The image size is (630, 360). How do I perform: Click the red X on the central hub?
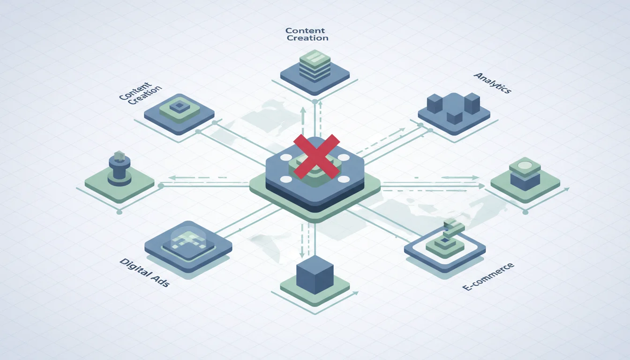pyautogui.click(x=316, y=157)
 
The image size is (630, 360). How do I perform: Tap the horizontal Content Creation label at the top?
pyautogui.click(x=307, y=34)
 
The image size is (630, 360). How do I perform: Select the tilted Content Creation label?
pyautogui.click(x=140, y=93)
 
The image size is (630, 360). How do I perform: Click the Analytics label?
pyautogui.click(x=493, y=82)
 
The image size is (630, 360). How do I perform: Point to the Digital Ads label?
pyautogui.click(x=144, y=272)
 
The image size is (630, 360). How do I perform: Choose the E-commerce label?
pyautogui.click(x=488, y=277)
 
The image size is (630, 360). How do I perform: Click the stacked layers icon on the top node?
pyautogui.click(x=315, y=66)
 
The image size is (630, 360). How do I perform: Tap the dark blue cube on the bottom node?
pyautogui.click(x=315, y=275)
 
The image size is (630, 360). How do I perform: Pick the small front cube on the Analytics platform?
pyautogui.click(x=455, y=117)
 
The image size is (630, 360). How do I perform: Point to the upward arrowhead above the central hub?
pyautogui.click(x=303, y=110)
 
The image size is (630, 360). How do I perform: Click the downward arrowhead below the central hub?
pyautogui.click(x=302, y=255)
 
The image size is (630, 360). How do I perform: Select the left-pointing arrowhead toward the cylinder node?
pyautogui.click(x=172, y=178)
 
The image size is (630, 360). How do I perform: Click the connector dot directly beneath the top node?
pyautogui.click(x=315, y=102)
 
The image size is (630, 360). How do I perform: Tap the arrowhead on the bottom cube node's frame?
pyautogui.click(x=356, y=293)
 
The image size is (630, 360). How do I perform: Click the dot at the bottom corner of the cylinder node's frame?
pyautogui.click(x=119, y=212)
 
